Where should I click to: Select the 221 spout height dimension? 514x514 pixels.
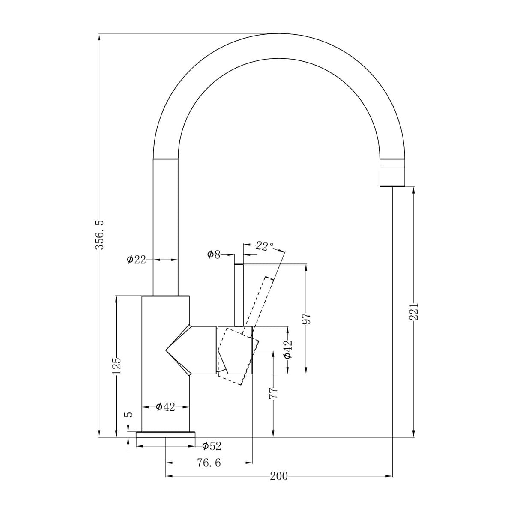(413, 311)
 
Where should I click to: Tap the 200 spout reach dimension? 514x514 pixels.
(279, 476)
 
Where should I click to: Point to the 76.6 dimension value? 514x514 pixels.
(209, 463)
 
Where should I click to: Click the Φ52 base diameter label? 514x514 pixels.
(212, 446)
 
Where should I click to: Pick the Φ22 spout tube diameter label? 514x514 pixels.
(137, 260)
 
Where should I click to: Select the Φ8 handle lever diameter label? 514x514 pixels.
(213, 255)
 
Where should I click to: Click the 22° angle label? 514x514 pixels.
(264, 246)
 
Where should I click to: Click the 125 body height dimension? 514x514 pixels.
(117, 366)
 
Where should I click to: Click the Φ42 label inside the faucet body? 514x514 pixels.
(165, 407)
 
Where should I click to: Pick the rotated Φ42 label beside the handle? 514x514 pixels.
(288, 350)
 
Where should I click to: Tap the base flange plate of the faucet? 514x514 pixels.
(165, 435)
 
